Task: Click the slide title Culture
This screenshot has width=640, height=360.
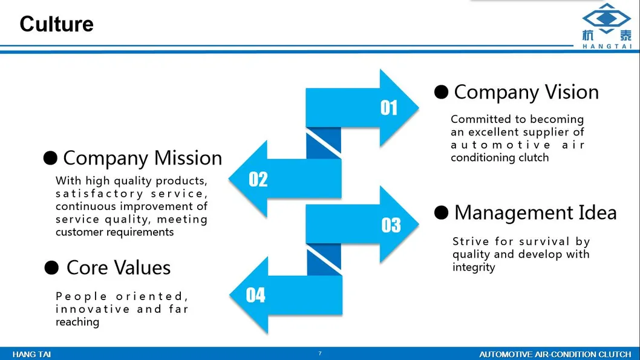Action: tap(57, 24)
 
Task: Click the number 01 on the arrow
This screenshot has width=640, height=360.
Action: tap(388, 108)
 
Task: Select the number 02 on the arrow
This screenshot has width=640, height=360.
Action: tap(258, 179)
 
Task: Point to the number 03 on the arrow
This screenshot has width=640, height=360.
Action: tap(391, 225)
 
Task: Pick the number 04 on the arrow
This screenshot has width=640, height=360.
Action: tap(255, 295)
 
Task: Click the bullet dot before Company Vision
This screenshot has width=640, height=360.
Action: tap(441, 92)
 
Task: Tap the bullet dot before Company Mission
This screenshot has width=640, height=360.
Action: tap(50, 158)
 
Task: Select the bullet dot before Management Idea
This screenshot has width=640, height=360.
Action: tap(441, 212)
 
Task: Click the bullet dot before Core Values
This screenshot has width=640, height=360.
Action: tap(51, 268)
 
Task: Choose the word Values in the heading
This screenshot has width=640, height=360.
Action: tap(142, 268)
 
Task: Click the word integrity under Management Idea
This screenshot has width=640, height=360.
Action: tap(474, 268)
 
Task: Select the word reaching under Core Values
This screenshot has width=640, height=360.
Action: tap(77, 322)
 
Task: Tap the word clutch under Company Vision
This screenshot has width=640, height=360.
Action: tap(534, 157)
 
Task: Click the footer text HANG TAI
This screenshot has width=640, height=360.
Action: tap(31, 355)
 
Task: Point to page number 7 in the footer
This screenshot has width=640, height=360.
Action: tap(320, 353)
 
